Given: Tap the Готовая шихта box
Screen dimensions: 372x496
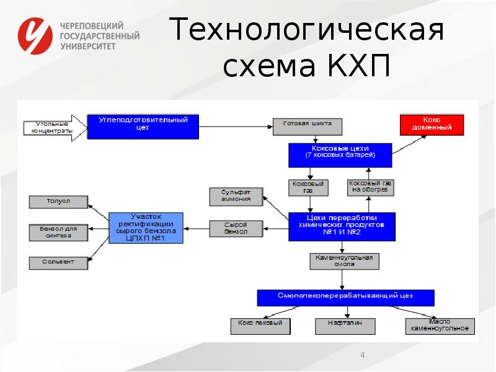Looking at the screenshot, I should point(307,126).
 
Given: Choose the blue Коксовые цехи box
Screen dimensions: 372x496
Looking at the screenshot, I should point(340,155).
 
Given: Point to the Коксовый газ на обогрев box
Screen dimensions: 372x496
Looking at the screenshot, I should point(370,187).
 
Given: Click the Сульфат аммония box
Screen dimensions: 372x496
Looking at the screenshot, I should point(236,197).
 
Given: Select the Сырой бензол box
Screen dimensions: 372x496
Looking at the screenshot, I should point(236,229).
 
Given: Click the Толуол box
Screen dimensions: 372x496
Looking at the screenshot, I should point(58,201).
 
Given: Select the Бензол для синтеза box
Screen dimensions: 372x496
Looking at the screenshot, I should point(58,232).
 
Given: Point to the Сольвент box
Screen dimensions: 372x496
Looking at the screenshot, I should point(58,262).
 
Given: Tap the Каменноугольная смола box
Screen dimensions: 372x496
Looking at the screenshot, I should point(343,260).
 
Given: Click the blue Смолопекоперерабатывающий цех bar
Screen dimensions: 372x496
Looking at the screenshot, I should point(345,297).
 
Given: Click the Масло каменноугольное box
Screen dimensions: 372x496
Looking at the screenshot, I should point(440,325).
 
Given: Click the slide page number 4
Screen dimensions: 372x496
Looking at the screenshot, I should point(363,355).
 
